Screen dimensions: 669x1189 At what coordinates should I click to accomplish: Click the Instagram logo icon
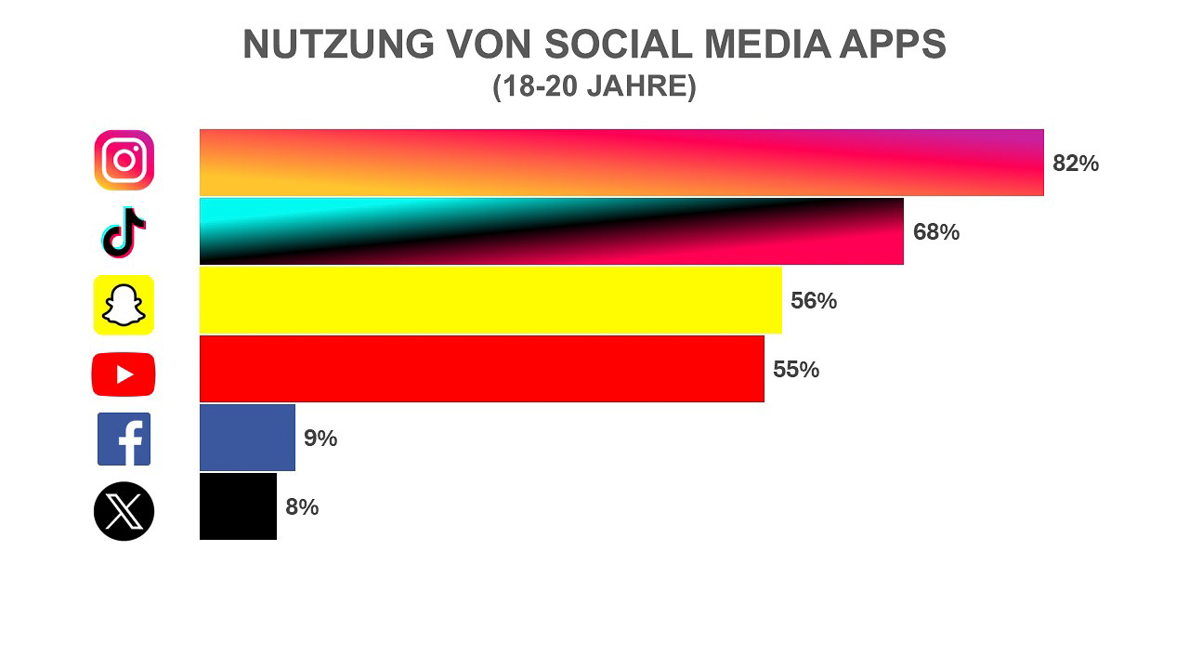(124, 160)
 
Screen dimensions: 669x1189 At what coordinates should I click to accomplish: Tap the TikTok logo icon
(124, 232)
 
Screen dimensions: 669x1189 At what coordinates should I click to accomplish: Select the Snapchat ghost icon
(124, 305)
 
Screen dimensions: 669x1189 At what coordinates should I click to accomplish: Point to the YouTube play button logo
(124, 374)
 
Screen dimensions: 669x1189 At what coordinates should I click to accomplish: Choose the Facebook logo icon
(124, 439)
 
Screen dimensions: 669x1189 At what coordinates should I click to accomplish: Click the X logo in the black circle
(124, 511)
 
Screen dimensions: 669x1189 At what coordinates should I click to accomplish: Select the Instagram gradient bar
(621, 163)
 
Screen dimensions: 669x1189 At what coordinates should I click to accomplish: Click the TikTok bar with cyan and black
(551, 231)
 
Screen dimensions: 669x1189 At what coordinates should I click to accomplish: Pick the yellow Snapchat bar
(490, 300)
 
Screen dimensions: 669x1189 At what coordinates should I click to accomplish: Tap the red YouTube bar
(481, 369)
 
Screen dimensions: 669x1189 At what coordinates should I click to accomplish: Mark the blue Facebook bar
(247, 438)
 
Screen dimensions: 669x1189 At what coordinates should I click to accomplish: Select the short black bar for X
(238, 506)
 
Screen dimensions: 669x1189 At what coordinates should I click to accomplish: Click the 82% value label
(1076, 164)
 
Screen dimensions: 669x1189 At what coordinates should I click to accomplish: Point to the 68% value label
(936, 232)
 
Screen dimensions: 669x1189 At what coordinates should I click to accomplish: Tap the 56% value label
(814, 301)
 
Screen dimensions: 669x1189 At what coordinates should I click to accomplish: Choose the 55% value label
(796, 370)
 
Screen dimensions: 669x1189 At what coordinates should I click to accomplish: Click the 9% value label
(320, 439)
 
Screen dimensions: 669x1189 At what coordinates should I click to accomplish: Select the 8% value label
(302, 507)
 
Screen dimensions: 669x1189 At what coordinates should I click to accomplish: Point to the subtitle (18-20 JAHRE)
(594, 86)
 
